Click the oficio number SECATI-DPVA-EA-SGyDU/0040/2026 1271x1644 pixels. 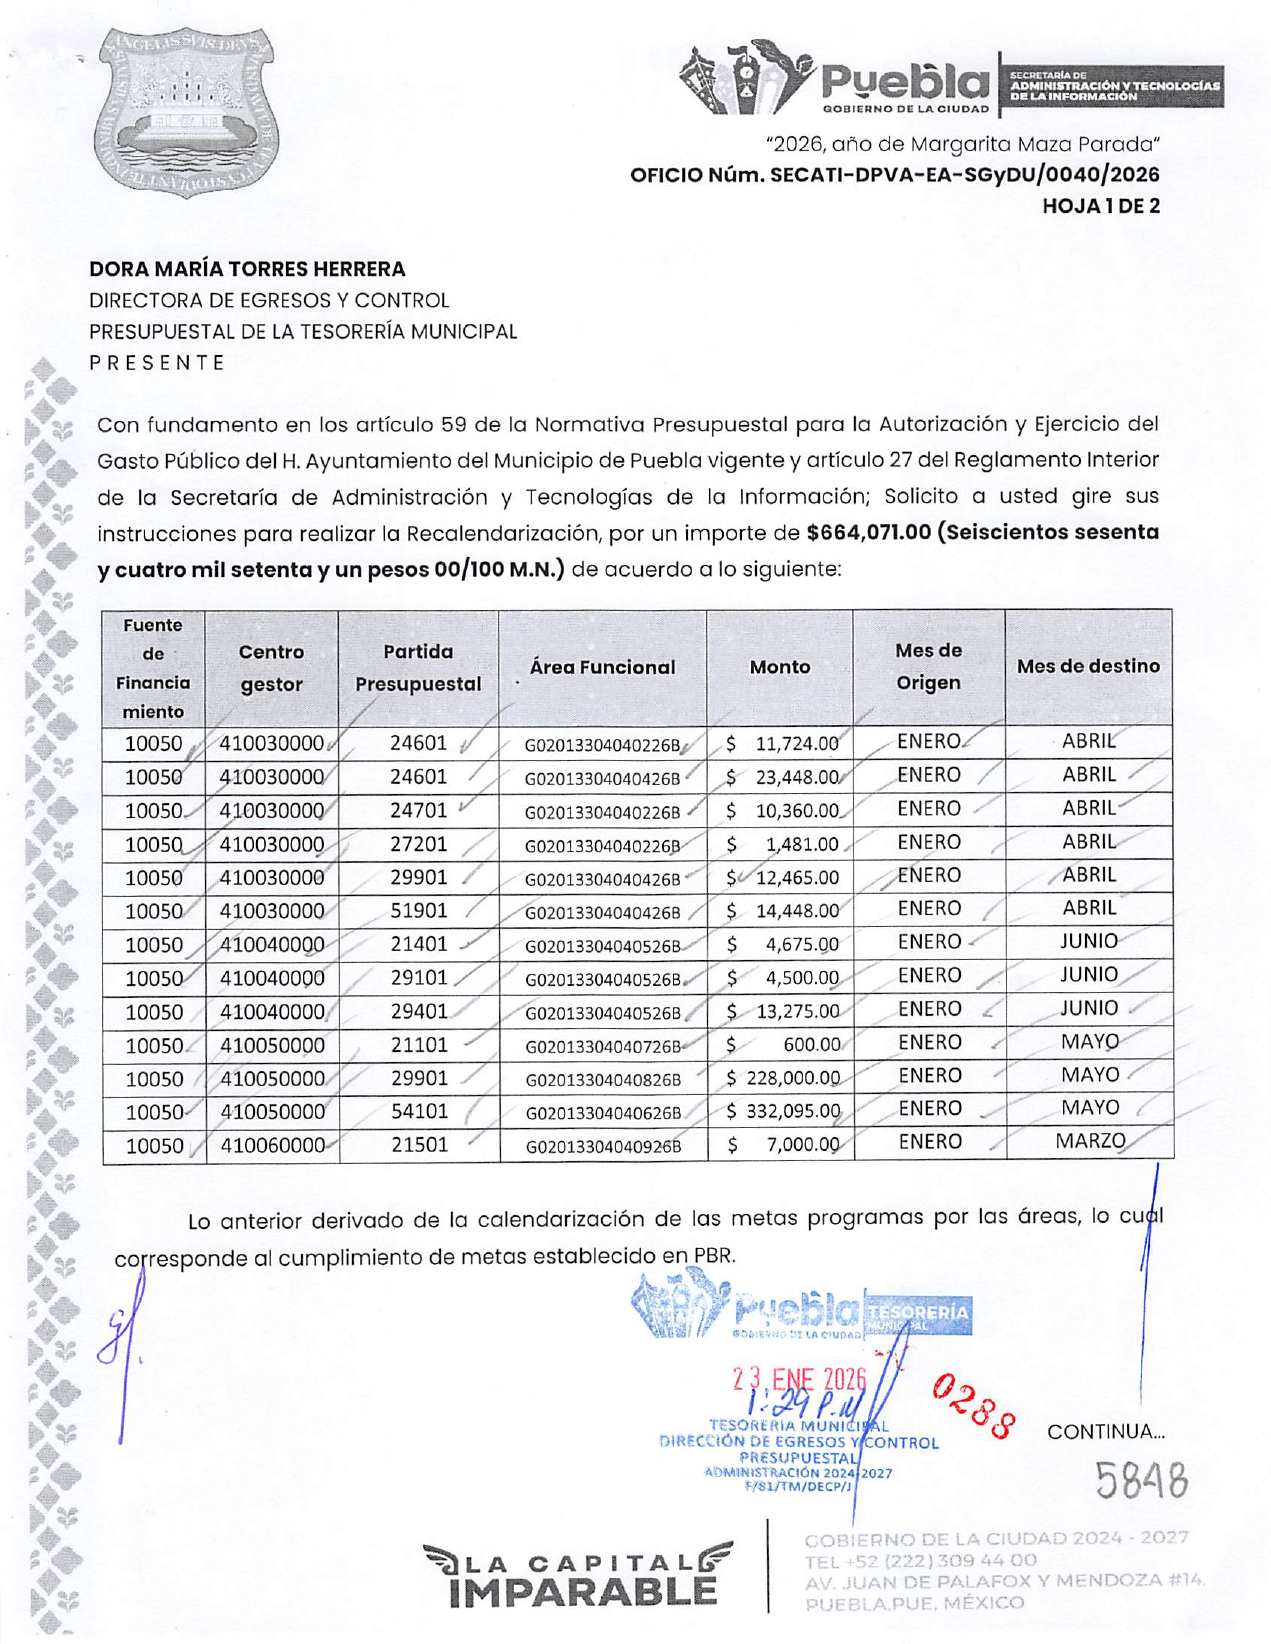(x=894, y=175)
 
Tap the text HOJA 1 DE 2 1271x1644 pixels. (x=1100, y=206)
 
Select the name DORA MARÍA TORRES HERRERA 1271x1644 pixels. (x=247, y=269)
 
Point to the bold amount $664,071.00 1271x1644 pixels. (x=868, y=532)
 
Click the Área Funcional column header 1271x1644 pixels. (x=602, y=667)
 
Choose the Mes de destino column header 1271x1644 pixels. (x=1088, y=666)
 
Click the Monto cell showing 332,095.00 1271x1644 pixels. (x=784, y=1111)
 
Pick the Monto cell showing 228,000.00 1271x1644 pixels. (x=784, y=1078)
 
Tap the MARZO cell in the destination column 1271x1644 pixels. (x=1090, y=1141)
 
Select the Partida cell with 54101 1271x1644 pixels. (x=419, y=1111)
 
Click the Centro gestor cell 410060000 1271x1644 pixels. (x=272, y=1145)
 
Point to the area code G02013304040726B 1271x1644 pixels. (x=603, y=1046)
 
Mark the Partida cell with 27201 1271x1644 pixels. (x=419, y=843)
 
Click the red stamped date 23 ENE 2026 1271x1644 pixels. (x=799, y=1380)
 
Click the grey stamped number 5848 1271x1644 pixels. (x=1140, y=1480)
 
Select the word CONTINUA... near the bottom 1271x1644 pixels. (x=1105, y=1431)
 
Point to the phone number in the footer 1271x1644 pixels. (x=920, y=1560)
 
